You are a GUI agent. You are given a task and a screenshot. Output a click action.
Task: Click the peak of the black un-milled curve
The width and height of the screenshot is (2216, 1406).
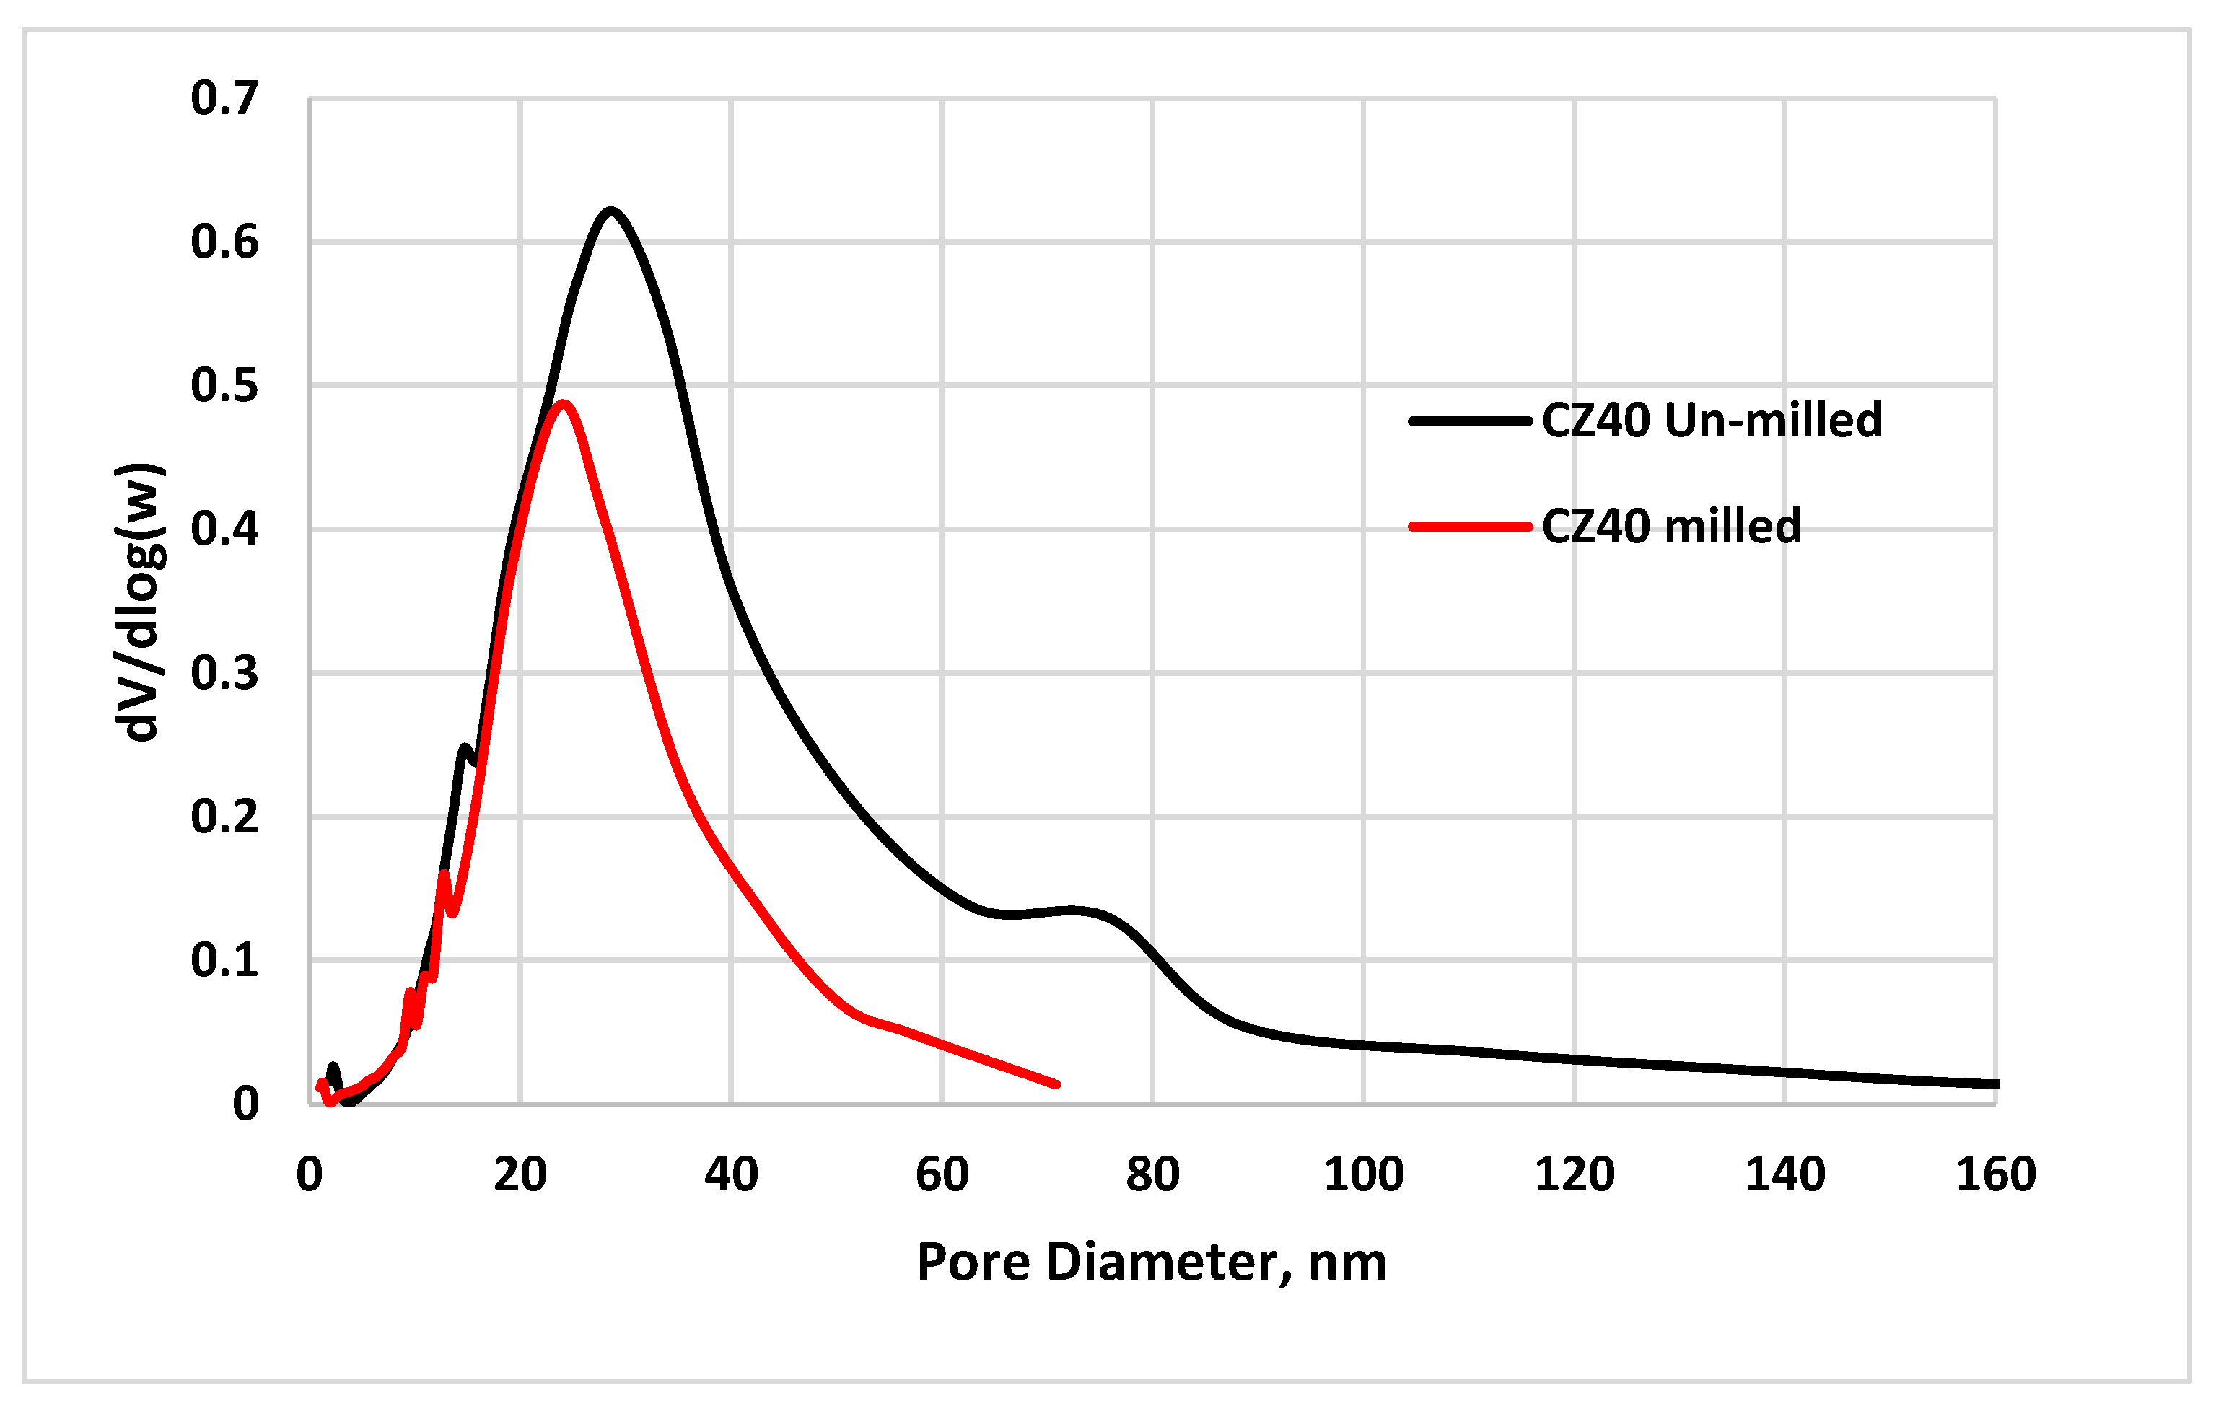610,211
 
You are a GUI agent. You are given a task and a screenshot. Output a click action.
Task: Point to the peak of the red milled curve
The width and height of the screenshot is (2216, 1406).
562,403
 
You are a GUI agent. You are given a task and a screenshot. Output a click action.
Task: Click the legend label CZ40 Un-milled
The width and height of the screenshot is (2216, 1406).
1712,421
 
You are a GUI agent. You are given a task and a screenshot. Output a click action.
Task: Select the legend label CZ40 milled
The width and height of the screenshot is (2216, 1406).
1671,527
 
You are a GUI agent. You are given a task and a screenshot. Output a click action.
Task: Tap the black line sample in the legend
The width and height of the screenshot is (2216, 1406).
1470,421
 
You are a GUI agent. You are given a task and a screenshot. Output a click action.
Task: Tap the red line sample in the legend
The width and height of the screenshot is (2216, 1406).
1470,527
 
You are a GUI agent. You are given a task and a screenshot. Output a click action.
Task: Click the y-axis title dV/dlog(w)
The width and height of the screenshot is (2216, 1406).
140,602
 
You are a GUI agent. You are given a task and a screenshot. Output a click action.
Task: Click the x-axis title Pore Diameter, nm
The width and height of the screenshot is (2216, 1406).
1151,1262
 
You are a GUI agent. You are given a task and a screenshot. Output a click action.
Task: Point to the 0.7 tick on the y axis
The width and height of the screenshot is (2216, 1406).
224,98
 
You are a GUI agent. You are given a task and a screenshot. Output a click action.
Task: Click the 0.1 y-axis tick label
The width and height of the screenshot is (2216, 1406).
224,961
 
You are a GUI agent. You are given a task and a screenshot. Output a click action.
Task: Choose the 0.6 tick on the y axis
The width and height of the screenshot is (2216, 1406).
224,242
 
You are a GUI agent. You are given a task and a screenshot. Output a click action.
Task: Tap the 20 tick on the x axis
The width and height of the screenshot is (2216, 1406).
520,1175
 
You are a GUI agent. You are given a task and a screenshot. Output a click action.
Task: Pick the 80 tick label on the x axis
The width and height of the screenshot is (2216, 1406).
1152,1175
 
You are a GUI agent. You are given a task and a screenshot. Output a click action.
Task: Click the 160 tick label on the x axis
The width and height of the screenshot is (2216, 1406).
1995,1175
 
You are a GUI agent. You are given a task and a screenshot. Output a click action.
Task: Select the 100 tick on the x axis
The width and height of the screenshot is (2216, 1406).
1363,1175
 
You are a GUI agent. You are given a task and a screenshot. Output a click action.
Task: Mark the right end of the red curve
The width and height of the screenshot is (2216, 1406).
1056,1085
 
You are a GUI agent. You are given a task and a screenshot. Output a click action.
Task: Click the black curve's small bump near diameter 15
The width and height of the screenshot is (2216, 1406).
465,748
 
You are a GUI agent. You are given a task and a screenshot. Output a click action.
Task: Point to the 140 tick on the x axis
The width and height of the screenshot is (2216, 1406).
1784,1175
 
